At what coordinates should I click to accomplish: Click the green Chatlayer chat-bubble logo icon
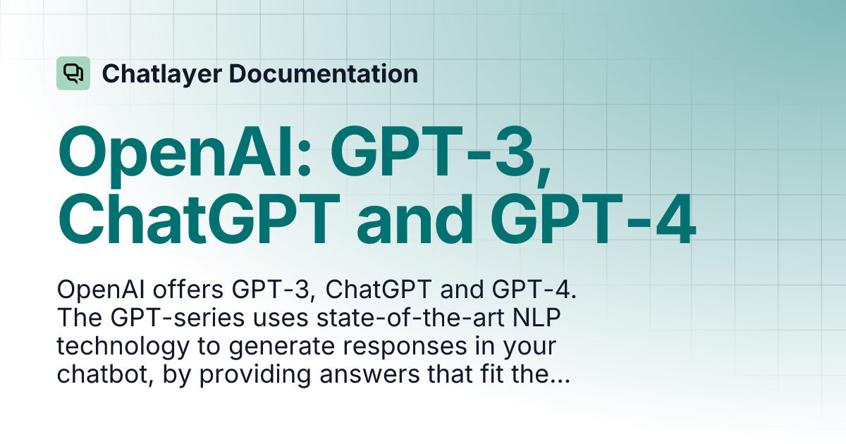73,73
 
